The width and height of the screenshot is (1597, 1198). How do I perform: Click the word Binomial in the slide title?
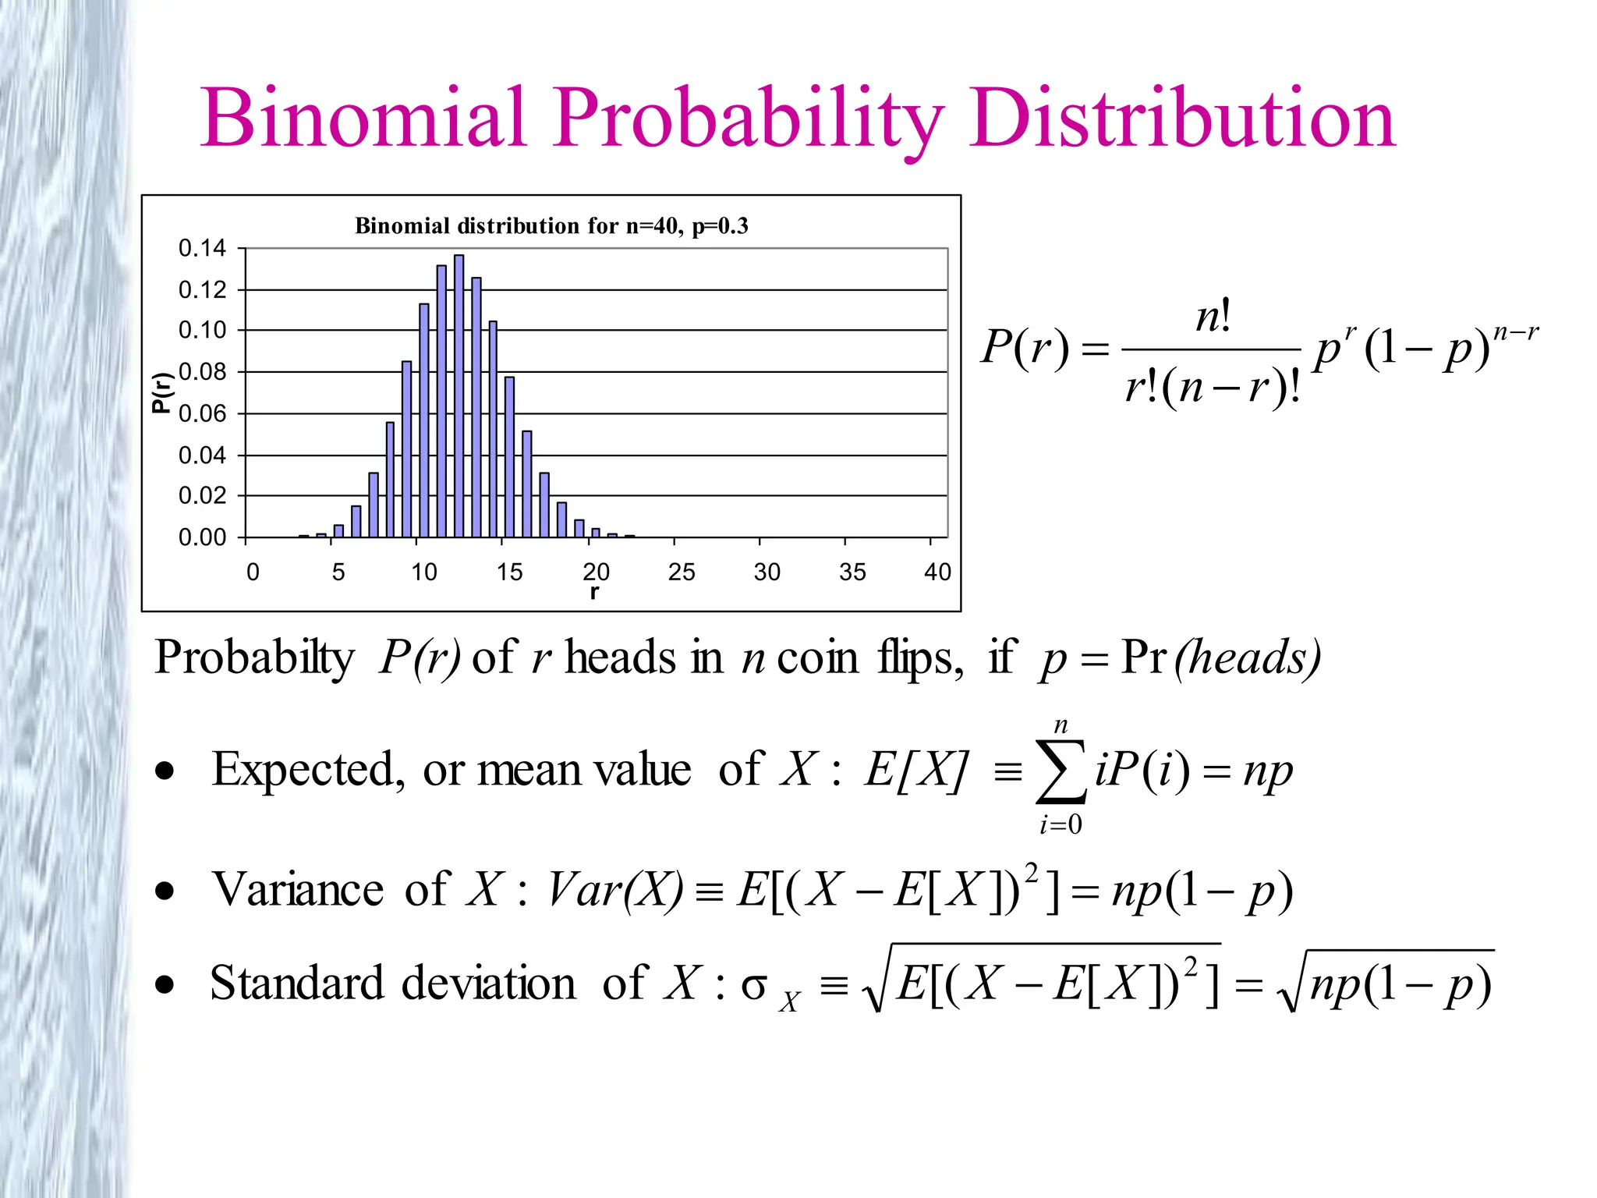[363, 119]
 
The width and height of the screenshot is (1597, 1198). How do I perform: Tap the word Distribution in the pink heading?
[1182, 119]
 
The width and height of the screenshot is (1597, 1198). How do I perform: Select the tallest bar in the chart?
[459, 395]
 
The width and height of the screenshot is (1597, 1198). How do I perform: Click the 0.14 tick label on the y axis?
[202, 249]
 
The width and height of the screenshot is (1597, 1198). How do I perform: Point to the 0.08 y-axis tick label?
[202, 372]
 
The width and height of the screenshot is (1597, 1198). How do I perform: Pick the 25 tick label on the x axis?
[681, 572]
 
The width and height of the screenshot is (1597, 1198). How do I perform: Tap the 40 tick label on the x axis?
[937, 572]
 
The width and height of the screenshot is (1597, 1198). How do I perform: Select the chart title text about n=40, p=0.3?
[551, 226]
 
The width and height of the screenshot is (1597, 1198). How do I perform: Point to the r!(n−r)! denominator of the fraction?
[1212, 387]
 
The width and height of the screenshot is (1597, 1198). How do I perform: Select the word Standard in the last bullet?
[297, 983]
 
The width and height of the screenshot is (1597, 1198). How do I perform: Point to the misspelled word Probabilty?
[254, 657]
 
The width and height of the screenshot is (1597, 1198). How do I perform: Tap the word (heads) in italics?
[1248, 657]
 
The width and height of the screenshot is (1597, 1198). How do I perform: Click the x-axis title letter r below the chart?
[595, 592]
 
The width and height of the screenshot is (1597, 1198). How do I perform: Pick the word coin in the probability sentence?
[817, 657]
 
